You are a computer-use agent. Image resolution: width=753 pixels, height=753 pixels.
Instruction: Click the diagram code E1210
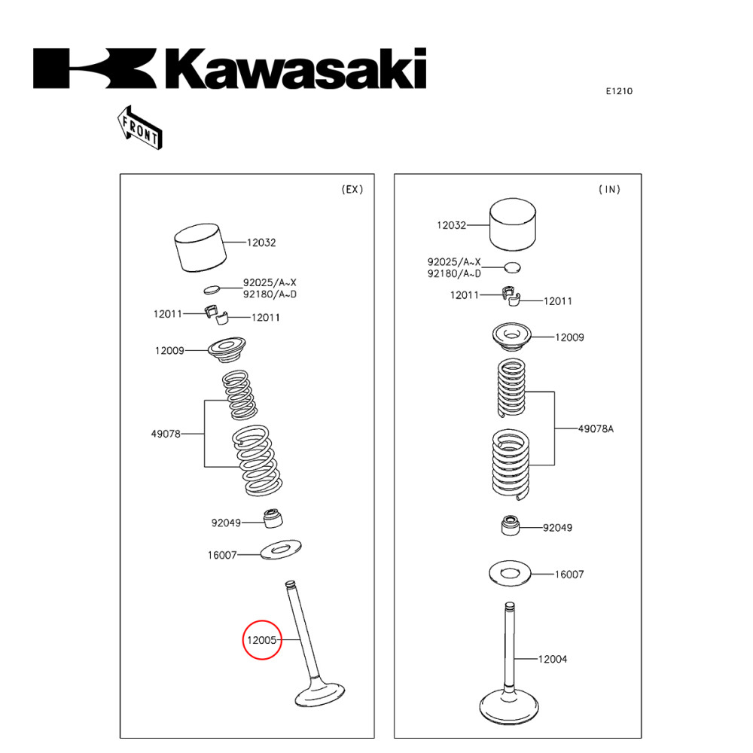(619, 91)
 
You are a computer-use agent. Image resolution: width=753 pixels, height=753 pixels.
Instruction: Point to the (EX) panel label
(352, 189)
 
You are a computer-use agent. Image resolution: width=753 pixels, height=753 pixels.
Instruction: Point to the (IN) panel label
(609, 189)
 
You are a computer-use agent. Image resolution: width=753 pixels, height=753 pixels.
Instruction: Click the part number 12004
(552, 659)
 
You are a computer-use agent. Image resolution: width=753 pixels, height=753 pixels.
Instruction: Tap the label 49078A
(596, 428)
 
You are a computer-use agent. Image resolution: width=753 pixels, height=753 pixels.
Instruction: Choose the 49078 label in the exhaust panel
(166, 433)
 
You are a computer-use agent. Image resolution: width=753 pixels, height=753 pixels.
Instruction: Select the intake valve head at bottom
(508, 706)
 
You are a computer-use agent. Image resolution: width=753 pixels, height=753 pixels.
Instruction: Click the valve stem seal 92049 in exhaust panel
(272, 519)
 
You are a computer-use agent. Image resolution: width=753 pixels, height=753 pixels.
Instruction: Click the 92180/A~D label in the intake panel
(454, 273)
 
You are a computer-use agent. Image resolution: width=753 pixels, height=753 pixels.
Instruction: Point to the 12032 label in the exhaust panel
(261, 242)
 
